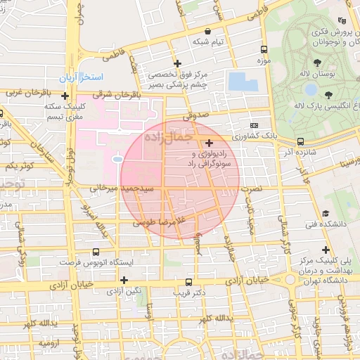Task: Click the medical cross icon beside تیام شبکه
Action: pos(209,31)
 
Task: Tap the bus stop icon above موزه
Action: pos(264,50)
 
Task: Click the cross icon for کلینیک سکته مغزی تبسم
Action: pos(65,96)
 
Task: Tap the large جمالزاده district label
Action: pos(168,139)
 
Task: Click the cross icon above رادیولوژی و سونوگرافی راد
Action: pos(209,143)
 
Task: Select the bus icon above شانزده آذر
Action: pos(301,141)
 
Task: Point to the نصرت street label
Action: pos(250,188)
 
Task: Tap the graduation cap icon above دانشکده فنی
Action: pos(326,213)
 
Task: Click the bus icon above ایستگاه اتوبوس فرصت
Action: pos(96,252)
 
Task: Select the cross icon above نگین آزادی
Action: pos(124,280)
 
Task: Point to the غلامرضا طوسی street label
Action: pos(161,221)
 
